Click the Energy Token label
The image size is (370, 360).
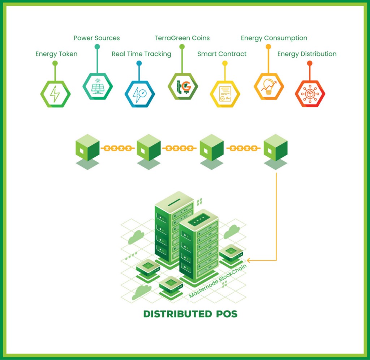56,54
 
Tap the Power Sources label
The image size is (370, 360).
96,38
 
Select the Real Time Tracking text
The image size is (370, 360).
141,54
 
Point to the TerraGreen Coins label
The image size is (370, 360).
182,38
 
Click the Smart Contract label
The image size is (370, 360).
222,54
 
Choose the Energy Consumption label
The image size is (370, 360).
274,38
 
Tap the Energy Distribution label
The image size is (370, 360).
307,54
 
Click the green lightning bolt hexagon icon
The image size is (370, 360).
55,94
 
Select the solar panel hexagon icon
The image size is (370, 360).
98,86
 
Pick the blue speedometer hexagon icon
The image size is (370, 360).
139,94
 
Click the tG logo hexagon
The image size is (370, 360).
183,86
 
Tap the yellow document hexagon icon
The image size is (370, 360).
225,94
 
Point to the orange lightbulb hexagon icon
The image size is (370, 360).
268,86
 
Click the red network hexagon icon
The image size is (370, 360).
310,94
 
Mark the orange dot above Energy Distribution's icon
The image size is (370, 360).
310,63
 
